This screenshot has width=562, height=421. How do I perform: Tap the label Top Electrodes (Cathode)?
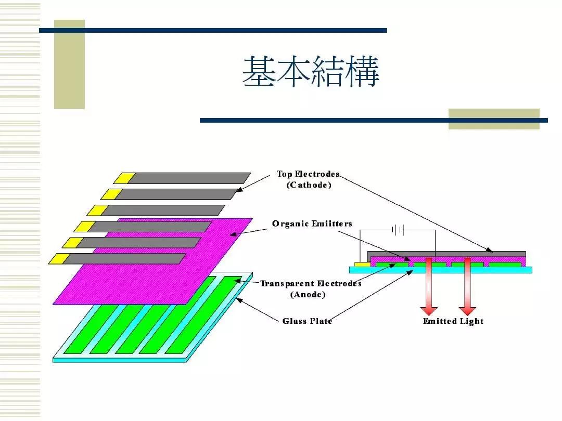coord(308,179)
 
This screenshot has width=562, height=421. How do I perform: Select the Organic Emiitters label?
coord(312,224)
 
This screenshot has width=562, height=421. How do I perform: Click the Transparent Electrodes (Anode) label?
coord(310,289)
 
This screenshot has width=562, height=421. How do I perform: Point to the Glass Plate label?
coord(307,321)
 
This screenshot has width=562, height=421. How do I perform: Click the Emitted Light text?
coord(453,321)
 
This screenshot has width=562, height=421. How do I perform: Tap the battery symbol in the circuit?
coord(398,230)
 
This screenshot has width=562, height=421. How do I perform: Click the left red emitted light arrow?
coord(429,286)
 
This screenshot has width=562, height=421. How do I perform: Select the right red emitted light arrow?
coord(467,286)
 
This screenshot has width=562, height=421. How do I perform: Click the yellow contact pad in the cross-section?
coord(361,264)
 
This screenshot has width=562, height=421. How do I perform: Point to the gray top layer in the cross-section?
coord(448,254)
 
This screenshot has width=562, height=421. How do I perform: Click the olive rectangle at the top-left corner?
coord(69,65)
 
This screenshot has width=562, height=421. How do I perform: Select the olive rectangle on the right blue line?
coord(493,119)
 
